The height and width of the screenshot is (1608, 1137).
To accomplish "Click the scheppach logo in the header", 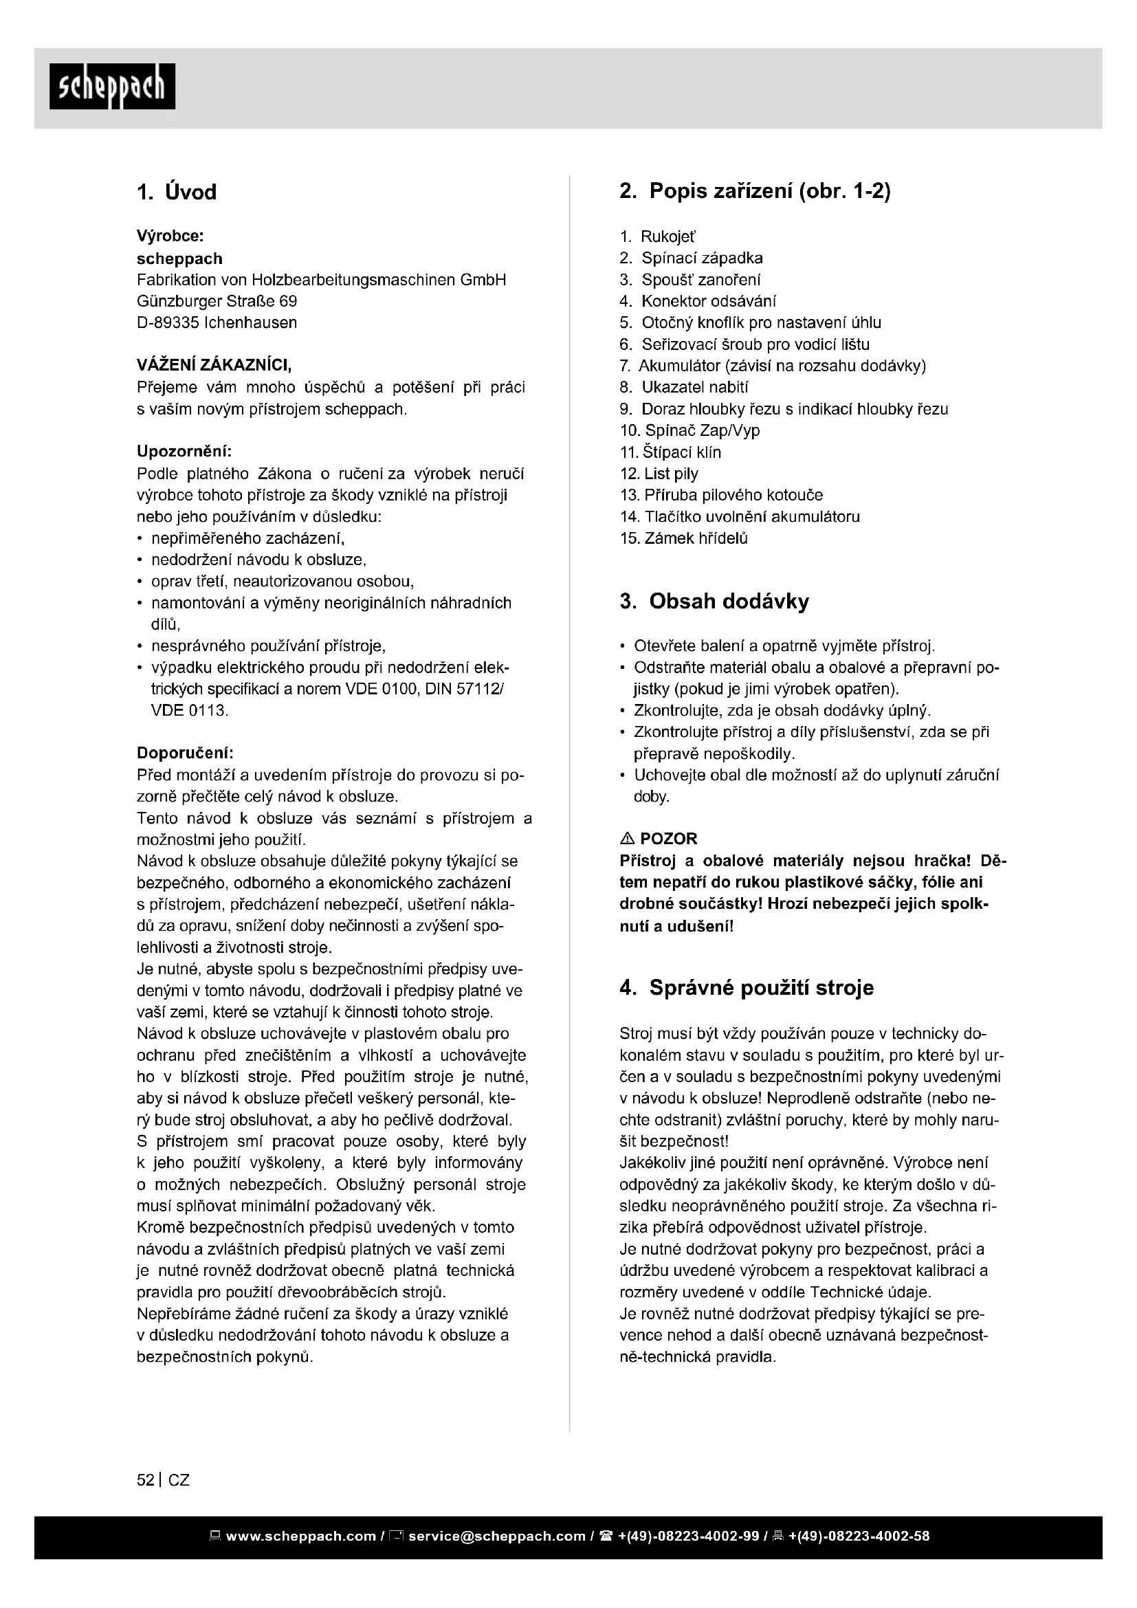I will (x=112, y=86).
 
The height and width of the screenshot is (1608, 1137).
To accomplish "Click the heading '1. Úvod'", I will (x=177, y=192).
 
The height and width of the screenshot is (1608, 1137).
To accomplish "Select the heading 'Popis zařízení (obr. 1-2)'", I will (x=769, y=190).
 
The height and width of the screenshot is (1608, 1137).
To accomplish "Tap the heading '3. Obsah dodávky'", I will (x=714, y=601).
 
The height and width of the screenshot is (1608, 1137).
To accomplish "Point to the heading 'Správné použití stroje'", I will (x=761, y=987).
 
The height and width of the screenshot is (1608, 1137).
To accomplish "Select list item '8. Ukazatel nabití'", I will (x=684, y=387).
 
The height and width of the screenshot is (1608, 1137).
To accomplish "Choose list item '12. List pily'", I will (x=659, y=474).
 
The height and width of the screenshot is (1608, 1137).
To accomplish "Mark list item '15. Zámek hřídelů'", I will (x=684, y=538).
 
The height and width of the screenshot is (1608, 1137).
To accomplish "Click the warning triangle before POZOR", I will (x=627, y=838).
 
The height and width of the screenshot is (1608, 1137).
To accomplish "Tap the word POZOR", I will (x=669, y=838).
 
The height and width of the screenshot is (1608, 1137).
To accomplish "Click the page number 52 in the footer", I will (x=146, y=1480).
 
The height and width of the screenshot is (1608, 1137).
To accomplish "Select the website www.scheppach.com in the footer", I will (x=301, y=1537).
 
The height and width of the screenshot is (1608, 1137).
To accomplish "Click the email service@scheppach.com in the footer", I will (x=496, y=1537).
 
